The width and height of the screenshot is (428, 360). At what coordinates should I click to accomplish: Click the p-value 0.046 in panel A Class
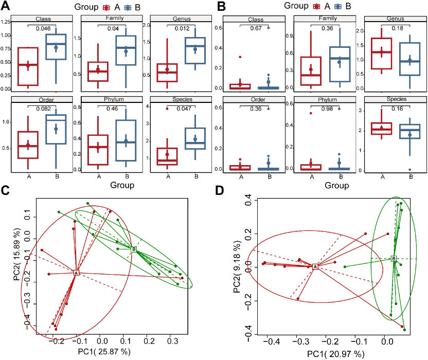coord(43,28)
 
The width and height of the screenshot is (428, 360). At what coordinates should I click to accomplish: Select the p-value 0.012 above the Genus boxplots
coord(182,28)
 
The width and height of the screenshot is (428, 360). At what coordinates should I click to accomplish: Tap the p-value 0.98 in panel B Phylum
coord(327,109)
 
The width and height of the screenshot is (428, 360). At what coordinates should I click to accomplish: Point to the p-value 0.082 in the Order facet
coord(43,109)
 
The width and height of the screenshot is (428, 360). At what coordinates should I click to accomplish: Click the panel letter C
coord(5,190)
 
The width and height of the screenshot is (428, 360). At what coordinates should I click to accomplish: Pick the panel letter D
coord(220,190)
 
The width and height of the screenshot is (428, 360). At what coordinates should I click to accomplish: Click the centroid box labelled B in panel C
coord(134,249)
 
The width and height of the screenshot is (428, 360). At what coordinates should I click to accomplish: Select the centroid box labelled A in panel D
coord(315,266)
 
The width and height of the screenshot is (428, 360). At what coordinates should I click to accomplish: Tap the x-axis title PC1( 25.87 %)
coord(104,351)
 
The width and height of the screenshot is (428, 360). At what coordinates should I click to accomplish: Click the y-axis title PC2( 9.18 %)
coord(237,266)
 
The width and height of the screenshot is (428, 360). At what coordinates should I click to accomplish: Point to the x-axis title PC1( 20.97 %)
coord(336,354)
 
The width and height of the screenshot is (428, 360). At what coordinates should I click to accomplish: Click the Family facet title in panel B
coord(328,19)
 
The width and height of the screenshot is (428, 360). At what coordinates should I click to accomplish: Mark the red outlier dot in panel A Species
coord(167,109)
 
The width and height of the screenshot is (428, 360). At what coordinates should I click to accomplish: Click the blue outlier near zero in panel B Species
coord(409,170)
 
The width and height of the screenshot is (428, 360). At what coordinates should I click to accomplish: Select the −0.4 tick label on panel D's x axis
coord(271,341)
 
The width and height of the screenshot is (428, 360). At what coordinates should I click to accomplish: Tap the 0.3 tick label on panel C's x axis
coord(172,340)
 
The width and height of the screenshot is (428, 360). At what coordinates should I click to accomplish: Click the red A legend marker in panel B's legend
coord(317,6)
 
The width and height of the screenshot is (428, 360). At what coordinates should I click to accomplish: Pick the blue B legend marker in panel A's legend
coord(128,7)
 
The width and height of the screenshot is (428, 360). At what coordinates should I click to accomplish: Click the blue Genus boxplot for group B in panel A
coord(195,50)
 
